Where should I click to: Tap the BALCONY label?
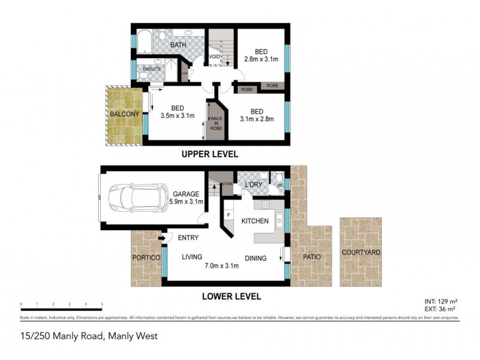(x=125, y=114)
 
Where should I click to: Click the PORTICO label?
(x=146, y=257)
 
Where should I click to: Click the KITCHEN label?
(x=254, y=221)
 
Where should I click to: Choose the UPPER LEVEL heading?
(x=210, y=154)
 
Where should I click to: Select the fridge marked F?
(x=230, y=214)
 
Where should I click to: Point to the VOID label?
(x=214, y=58)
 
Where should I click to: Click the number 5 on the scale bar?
(x=102, y=304)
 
